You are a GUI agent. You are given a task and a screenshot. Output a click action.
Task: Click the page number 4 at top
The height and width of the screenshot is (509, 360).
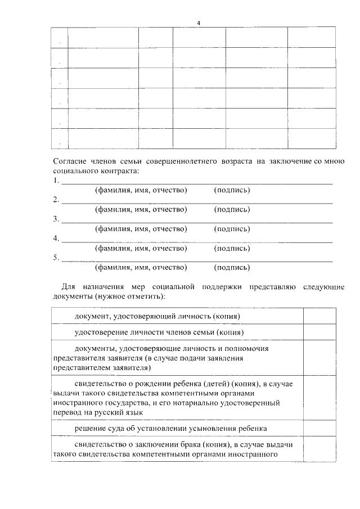pyautogui.click(x=198, y=22)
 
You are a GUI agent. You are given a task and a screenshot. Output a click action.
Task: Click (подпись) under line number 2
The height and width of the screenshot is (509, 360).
pyautogui.click(x=232, y=209)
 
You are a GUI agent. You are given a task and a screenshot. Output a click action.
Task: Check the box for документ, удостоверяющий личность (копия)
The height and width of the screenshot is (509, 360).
pyautogui.click(x=319, y=317)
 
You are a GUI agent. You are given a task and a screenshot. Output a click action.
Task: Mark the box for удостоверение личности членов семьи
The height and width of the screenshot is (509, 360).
pyautogui.click(x=319, y=333)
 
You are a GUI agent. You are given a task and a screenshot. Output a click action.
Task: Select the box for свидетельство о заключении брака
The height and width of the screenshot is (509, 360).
pyautogui.click(x=319, y=449)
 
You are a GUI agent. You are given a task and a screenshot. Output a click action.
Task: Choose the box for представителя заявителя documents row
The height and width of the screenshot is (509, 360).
pyautogui.click(x=319, y=358)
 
